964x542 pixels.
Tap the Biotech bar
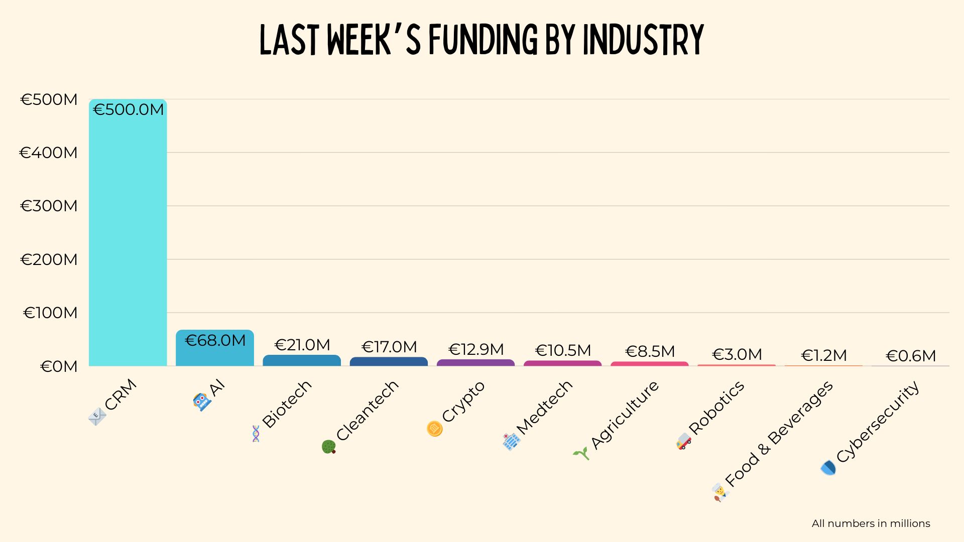tap(302, 360)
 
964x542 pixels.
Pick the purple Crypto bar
tap(475, 362)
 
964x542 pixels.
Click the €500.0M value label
tap(129, 109)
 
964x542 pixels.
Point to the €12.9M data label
tap(475, 349)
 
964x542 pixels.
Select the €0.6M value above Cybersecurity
tap(911, 356)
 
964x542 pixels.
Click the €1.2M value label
tap(823, 355)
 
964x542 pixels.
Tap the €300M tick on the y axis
tap(49, 206)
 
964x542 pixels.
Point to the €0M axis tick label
tap(59, 366)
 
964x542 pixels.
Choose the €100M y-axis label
tap(50, 313)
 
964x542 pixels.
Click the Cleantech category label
tap(367, 411)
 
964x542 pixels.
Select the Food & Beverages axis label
tap(779, 434)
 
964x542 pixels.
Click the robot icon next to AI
tap(201, 401)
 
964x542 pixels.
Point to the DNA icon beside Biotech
tap(256, 434)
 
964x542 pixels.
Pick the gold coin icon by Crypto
tap(434, 429)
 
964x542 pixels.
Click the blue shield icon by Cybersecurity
tap(828, 468)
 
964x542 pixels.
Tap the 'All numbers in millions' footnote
tap(871, 523)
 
